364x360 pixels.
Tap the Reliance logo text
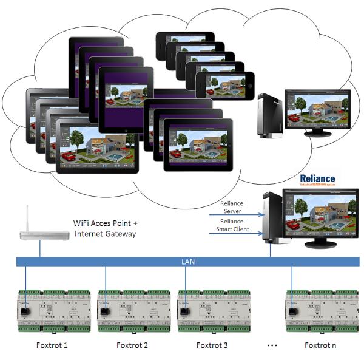point(316,179)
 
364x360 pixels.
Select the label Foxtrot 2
point(132,345)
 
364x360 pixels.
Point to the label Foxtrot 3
point(212,345)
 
